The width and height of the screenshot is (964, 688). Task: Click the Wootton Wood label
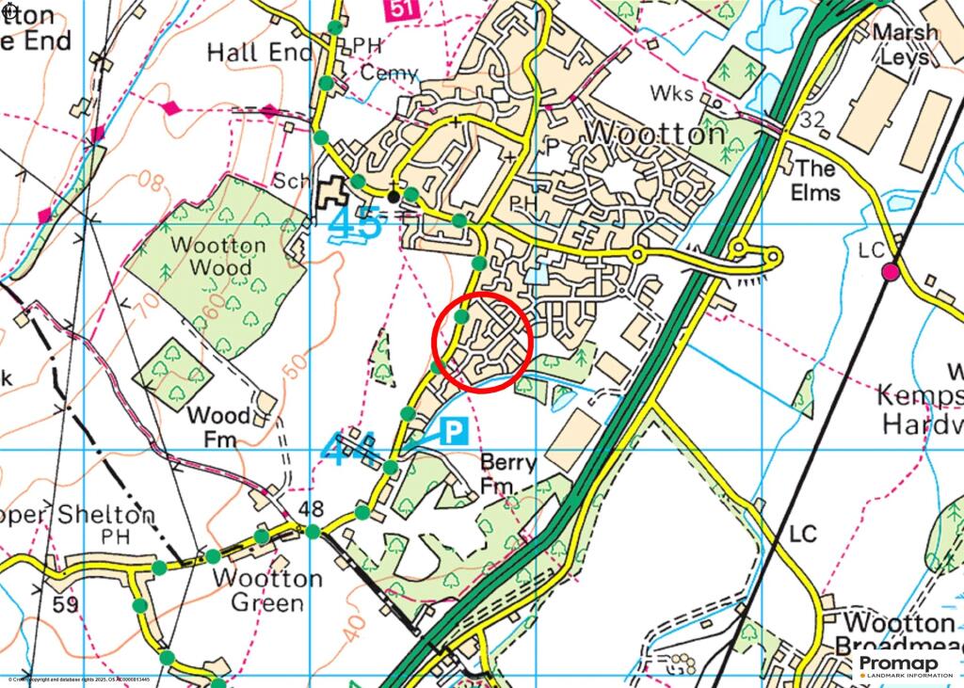click(218, 256)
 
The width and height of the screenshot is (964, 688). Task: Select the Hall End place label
click(258, 53)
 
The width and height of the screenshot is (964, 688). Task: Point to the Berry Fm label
click(507, 474)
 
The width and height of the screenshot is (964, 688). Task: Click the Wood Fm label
click(218, 426)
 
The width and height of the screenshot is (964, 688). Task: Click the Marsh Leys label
click(905, 44)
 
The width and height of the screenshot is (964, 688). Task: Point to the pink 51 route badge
click(400, 8)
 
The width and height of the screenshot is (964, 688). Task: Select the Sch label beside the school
click(291, 181)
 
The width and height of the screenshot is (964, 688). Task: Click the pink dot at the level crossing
click(890, 273)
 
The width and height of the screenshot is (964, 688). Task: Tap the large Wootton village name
click(655, 135)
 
